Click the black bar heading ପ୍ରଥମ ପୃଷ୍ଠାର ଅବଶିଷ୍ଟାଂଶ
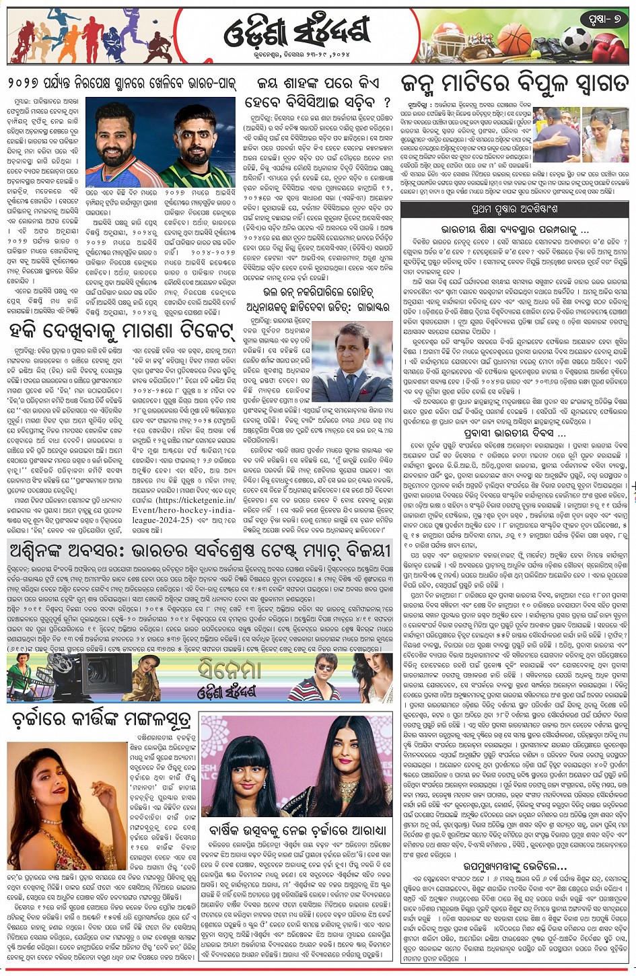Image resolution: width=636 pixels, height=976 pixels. click(516, 208)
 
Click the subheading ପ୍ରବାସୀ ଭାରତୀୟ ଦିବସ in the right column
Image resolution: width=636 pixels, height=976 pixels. click(514, 435)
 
